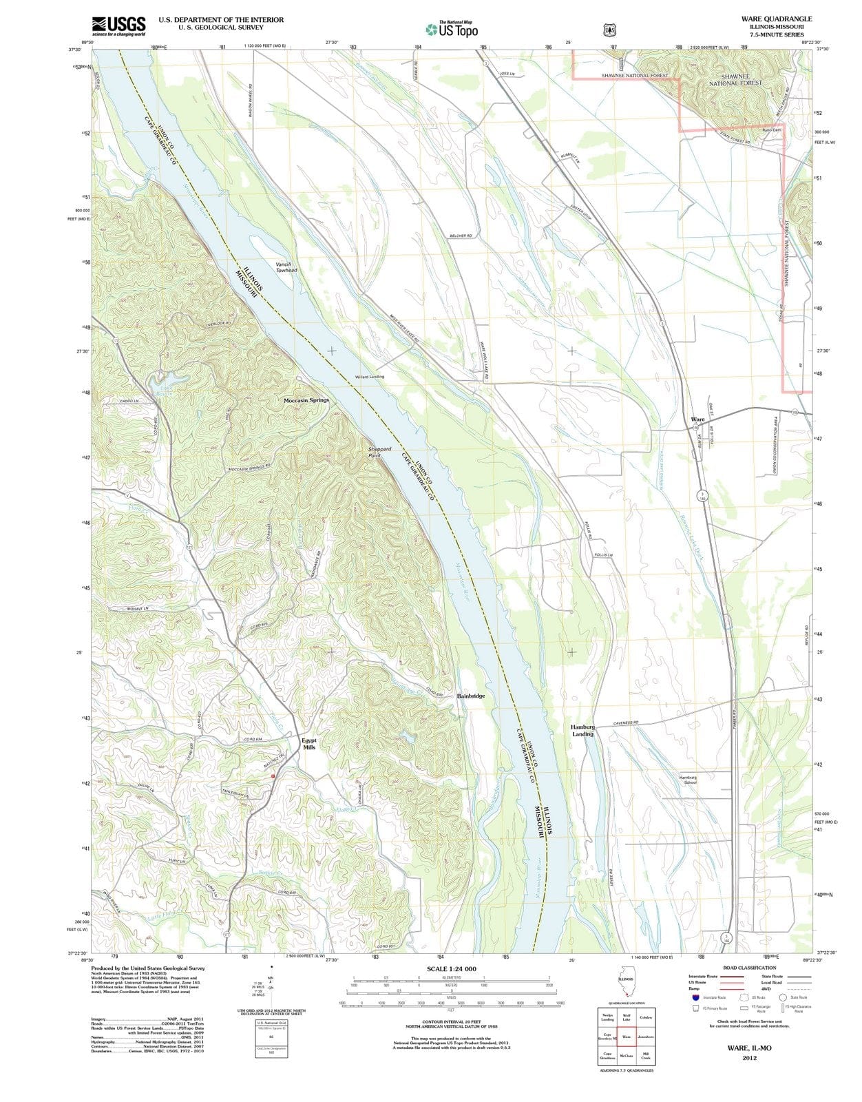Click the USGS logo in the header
[x=118, y=26]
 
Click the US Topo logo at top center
[x=451, y=29]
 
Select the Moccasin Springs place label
[x=306, y=400]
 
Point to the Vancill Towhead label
[x=286, y=267]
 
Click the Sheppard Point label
[x=379, y=452]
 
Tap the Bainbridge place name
[x=471, y=696]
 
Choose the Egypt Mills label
[x=309, y=744]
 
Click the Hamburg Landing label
[x=582, y=730]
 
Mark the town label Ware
[x=697, y=419]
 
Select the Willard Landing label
[x=370, y=377]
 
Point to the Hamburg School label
[x=688, y=780]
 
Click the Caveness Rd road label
[x=626, y=723]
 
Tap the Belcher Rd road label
[x=461, y=236]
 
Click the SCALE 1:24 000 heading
[x=451, y=969]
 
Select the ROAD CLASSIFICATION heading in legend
[x=750, y=968]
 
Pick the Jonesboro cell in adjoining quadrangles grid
[x=645, y=1037]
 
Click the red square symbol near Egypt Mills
[x=273, y=776]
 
